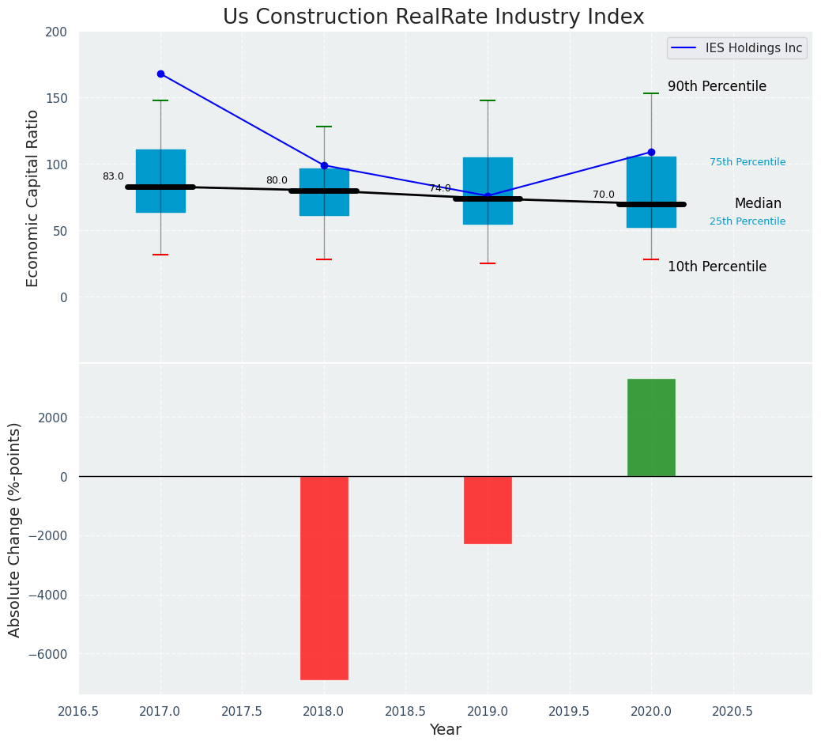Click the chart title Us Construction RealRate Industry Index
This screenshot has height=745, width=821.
[433, 17]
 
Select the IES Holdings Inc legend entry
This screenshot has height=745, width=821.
[737, 48]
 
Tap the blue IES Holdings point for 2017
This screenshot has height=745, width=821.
[160, 74]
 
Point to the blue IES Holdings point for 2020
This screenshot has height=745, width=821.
[651, 152]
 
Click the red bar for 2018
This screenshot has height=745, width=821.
[324, 577]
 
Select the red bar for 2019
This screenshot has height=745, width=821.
[488, 509]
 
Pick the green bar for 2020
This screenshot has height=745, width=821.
[651, 427]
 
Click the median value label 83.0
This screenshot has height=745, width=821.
[113, 176]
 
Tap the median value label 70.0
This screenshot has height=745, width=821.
[604, 195]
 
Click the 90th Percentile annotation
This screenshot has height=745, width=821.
[717, 86]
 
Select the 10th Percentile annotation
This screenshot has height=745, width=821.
[717, 267]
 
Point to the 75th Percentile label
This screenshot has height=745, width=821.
[748, 162]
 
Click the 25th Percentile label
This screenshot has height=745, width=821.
[748, 221]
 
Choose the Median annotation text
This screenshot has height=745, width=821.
[758, 203]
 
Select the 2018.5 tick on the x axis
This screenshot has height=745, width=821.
[405, 711]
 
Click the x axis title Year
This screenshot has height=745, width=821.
[446, 730]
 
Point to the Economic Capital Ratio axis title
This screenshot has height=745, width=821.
[33, 198]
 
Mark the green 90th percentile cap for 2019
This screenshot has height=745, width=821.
[488, 100]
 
